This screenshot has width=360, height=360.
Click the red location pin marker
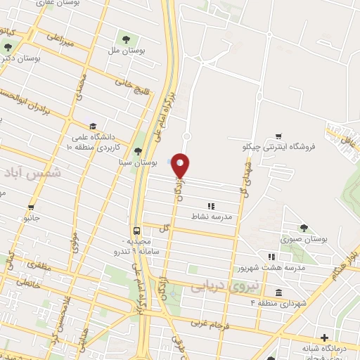(181, 166)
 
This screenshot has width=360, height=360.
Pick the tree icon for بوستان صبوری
(303, 228)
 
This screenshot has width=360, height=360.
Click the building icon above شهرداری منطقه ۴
(278, 292)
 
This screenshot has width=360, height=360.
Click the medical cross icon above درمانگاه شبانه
(323, 337)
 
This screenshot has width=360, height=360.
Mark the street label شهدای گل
(247, 179)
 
